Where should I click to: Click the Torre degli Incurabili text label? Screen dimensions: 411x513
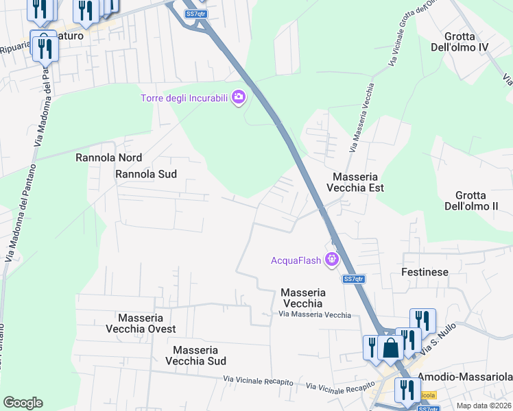[x=184, y=98]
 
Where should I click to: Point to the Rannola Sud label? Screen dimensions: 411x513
[x=146, y=174]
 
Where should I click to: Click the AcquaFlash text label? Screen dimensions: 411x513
[x=296, y=260]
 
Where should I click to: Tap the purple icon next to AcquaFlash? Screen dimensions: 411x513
[x=333, y=259]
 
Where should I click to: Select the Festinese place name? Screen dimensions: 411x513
[x=425, y=272]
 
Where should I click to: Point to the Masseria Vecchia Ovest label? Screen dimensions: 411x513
[x=141, y=323]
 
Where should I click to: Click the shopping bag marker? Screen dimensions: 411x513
[x=390, y=347]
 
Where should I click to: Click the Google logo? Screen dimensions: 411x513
[x=23, y=402]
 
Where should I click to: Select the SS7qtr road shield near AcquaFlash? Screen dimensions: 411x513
[x=353, y=279]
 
